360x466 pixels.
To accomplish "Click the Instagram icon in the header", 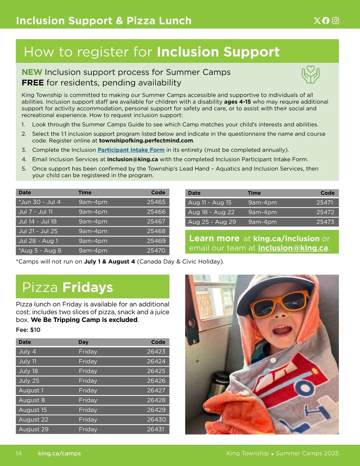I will coord(335,20).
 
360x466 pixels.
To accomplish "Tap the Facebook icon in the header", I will coord(326,20).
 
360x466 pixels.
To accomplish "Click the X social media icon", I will coord(317,20).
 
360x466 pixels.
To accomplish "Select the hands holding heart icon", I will coord(310,75).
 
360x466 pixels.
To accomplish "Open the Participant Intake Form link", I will coord(131,150).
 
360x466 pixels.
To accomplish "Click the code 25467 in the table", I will coord(156,221).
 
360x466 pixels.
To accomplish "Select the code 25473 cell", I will coord(325,222).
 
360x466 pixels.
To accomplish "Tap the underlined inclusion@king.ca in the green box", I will coord(293,248).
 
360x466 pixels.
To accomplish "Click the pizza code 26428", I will coord(156,400).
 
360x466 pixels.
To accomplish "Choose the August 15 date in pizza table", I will coord(33,410).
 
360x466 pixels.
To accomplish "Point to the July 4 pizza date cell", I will coord(27,352).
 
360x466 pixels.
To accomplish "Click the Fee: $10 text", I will coord(28,330).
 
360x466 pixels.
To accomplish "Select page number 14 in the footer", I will coord(19,453).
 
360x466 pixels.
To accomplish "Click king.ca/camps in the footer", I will coord(59,453).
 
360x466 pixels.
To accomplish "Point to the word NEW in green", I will coord(32,72).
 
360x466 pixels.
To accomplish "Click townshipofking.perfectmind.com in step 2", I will coord(146,140).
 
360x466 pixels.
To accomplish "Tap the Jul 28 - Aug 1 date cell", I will coord(38,241).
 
